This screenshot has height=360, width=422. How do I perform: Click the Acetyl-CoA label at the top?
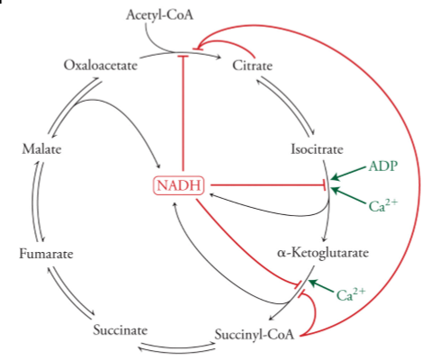point(160,15)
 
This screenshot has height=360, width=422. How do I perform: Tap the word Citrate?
point(253,65)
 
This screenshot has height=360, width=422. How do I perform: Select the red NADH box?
point(179,186)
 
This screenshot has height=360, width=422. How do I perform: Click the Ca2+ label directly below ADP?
point(383,205)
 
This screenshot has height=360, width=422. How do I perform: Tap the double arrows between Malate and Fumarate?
point(37,201)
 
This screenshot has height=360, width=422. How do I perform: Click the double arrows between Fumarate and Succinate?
point(71,293)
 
